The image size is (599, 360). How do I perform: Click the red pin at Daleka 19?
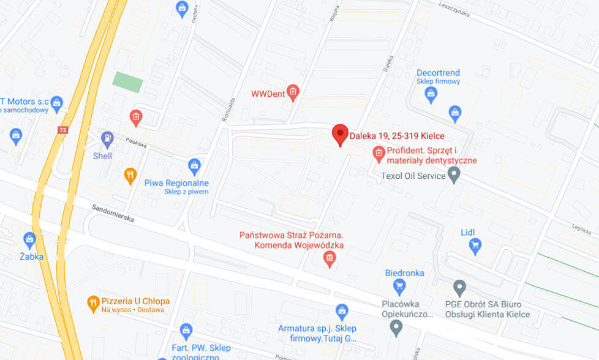tap(340, 133)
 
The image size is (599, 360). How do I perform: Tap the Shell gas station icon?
tap(107, 138)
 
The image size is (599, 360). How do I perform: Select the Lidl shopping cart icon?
tap(475, 247)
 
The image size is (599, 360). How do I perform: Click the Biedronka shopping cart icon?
tap(399, 285)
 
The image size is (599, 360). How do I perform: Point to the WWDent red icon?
tap(293, 93)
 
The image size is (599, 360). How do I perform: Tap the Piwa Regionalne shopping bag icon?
tap(194, 165)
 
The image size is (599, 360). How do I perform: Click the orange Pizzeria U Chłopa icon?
tap(93, 301)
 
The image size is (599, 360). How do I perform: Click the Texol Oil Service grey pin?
tap(454, 176)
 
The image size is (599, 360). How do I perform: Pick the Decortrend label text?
tap(438, 73)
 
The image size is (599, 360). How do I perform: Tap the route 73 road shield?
tap(62, 130)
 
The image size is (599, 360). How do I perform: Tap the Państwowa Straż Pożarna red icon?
tap(330, 260)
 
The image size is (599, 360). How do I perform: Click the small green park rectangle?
tap(129, 82)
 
